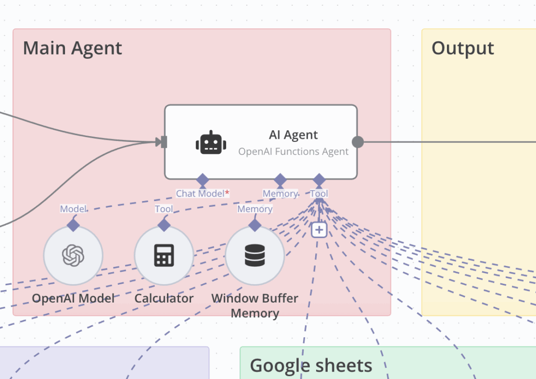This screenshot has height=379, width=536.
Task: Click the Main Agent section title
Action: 72,48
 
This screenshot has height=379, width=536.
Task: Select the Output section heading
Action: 463,48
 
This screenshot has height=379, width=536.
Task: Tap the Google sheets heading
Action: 311,365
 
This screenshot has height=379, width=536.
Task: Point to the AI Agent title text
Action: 293,135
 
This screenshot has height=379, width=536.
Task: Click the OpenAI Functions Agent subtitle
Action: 293,152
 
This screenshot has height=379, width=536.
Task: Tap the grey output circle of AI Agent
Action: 358,142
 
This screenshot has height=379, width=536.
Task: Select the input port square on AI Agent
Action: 163,142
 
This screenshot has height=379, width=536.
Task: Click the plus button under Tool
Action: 319,229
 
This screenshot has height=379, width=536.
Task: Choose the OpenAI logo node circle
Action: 73,255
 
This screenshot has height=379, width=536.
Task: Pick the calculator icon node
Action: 164,255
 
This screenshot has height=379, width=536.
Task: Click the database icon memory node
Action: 255,255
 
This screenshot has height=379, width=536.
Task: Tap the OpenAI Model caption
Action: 73,298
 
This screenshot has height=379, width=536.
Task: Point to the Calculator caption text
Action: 164,298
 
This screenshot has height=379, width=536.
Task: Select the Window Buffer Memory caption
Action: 255,306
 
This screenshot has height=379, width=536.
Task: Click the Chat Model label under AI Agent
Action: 200,194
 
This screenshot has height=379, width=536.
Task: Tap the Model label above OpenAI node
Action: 73,209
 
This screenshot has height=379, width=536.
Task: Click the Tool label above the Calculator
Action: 164,209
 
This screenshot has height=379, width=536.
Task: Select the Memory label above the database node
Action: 255,209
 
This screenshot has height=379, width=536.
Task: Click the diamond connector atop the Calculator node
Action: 164,225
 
